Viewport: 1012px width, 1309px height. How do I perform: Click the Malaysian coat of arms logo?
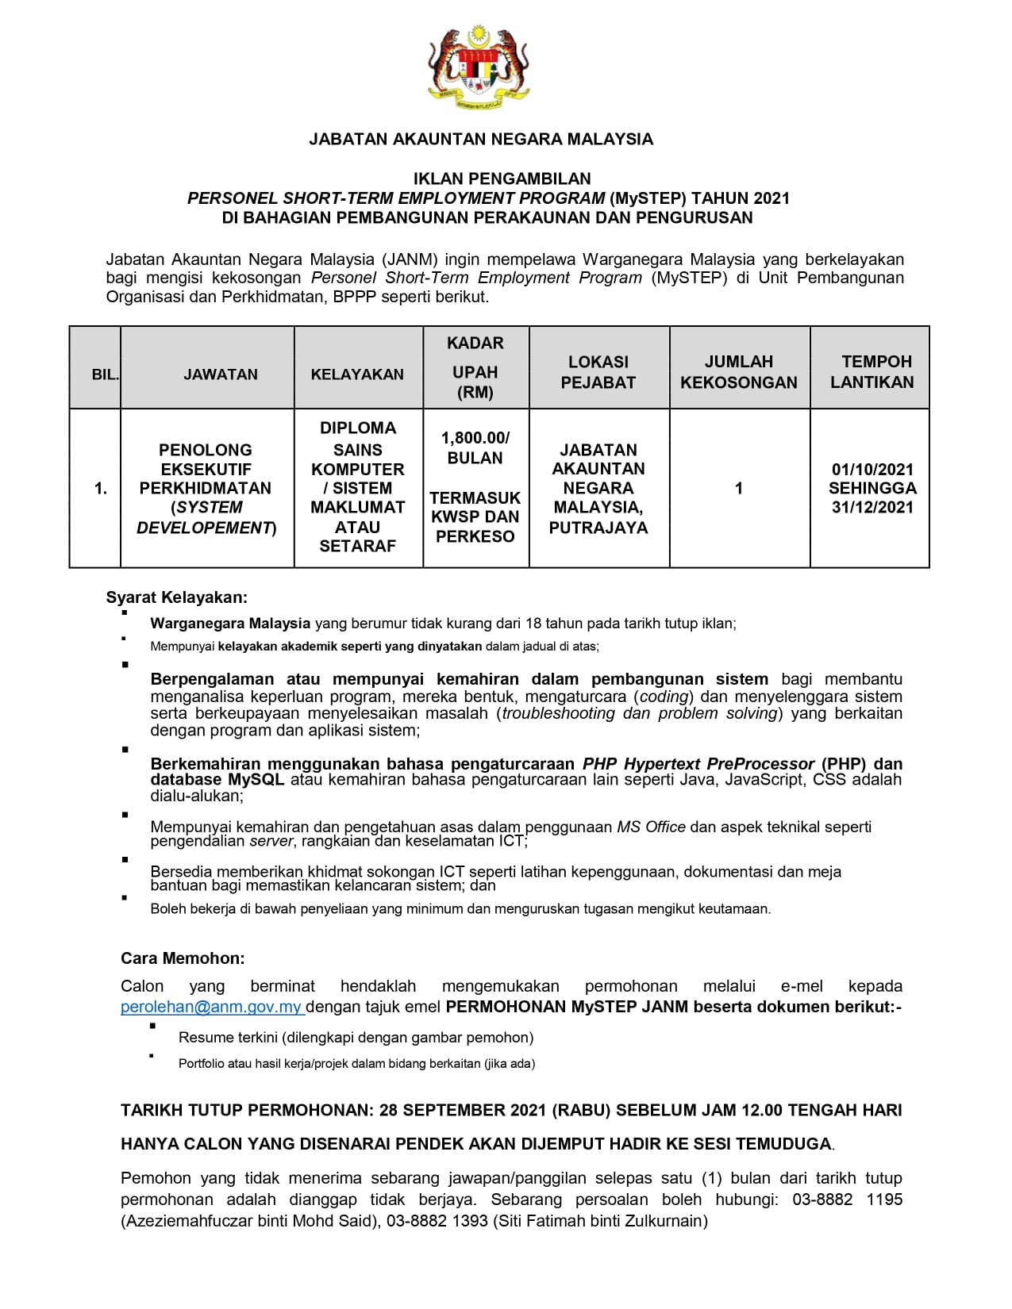pyautogui.click(x=479, y=67)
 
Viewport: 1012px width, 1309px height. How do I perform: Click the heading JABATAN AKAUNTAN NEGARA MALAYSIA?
pyautogui.click(x=480, y=140)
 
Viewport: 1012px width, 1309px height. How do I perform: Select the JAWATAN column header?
pyautogui.click(x=221, y=374)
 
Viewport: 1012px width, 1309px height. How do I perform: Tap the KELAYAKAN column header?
pyautogui.click(x=357, y=374)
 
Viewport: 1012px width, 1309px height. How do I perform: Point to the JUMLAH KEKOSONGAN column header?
pyautogui.click(x=739, y=372)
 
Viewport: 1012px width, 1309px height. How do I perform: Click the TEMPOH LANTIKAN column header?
pyautogui.click(x=872, y=372)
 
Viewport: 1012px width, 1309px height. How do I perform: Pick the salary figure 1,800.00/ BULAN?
pyautogui.click(x=475, y=447)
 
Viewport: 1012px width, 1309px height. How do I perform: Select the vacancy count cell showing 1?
pyautogui.click(x=739, y=489)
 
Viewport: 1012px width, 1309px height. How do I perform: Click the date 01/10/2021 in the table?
pyautogui.click(x=872, y=469)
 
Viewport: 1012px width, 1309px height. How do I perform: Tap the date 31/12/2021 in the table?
pyautogui.click(x=872, y=508)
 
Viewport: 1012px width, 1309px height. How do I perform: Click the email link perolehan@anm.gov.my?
pyautogui.click(x=211, y=1008)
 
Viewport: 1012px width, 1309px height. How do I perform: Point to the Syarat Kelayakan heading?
pyautogui.click(x=177, y=597)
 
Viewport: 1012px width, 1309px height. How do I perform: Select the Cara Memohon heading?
pyautogui.click(x=183, y=958)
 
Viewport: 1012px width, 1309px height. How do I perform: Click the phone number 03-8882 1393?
pyautogui.click(x=437, y=1221)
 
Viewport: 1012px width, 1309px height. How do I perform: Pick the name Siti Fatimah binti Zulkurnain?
pyautogui.click(x=600, y=1221)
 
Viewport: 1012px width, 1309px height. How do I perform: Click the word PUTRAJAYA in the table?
pyautogui.click(x=598, y=528)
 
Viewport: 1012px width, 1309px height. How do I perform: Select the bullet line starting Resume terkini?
pyautogui.click(x=356, y=1038)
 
